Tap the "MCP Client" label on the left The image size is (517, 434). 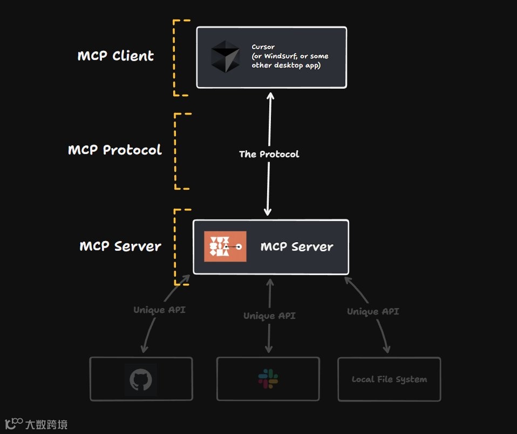(x=115, y=56)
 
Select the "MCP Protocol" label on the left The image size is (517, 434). (x=115, y=150)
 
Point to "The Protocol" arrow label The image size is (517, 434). (x=269, y=154)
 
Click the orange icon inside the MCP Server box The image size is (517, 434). (x=225, y=246)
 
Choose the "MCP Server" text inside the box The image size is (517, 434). (x=297, y=247)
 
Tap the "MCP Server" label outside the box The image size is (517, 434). (x=120, y=246)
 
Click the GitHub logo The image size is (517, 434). (x=141, y=380)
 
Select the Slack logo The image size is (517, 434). (x=268, y=379)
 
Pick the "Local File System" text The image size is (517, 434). (x=389, y=379)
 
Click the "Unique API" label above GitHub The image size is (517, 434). (x=159, y=310)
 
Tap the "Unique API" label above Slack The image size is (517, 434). (x=269, y=316)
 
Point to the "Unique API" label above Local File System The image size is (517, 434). (x=373, y=311)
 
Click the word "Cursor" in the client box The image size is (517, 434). (x=263, y=48)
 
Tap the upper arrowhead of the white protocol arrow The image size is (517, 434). (x=270, y=96)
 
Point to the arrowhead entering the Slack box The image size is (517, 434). (x=269, y=351)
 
